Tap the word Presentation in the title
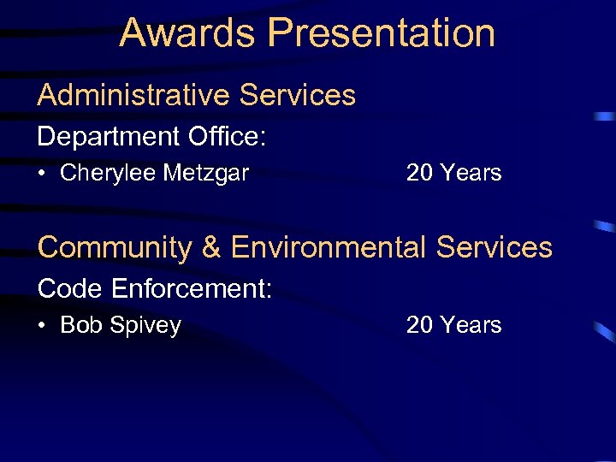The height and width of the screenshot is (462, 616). coord(382,33)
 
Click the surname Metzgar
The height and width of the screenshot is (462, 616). coord(206,174)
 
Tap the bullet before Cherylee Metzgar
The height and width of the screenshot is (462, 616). coord(42,174)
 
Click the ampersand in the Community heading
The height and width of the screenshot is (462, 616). coord(211,247)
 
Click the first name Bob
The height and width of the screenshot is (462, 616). coord(81,326)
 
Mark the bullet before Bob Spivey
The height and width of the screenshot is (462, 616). coord(42,326)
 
